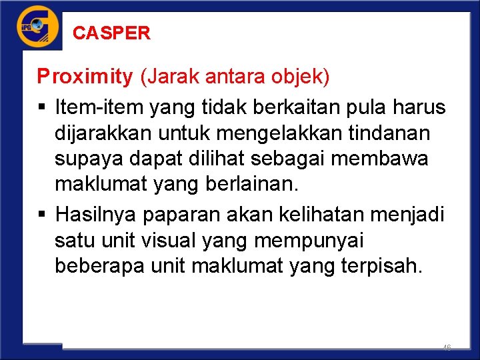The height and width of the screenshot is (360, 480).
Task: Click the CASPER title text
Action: click(111, 33)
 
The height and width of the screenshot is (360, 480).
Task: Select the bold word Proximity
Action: click(85, 77)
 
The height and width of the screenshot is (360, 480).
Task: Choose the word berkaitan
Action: click(307, 107)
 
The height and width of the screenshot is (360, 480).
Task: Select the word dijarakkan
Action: click(103, 133)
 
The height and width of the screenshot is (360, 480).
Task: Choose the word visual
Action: click(179, 240)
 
